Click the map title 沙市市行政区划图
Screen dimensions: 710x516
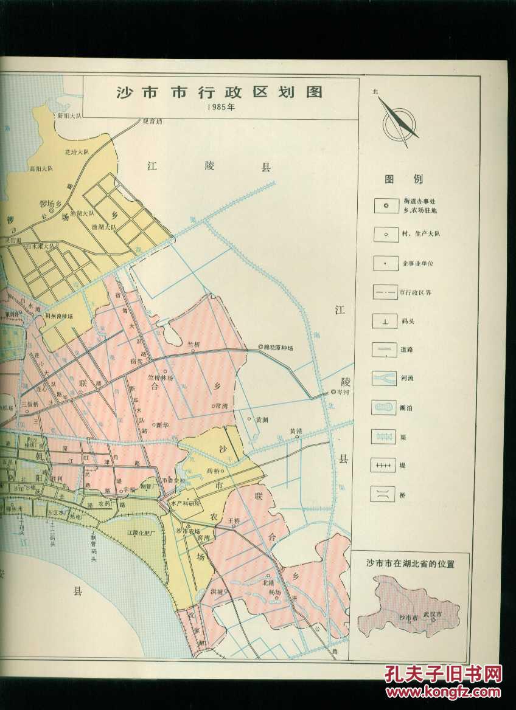click(219, 92)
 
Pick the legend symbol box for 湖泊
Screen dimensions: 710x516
click(385, 407)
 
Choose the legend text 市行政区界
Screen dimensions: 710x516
click(419, 292)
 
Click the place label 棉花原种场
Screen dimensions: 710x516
click(279, 348)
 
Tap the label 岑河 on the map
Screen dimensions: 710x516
click(343, 392)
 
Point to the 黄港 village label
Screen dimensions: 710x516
click(296, 432)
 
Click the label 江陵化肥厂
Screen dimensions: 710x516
click(142, 532)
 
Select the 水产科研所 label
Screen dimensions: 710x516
click(186, 503)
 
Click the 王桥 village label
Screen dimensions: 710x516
click(234, 520)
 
